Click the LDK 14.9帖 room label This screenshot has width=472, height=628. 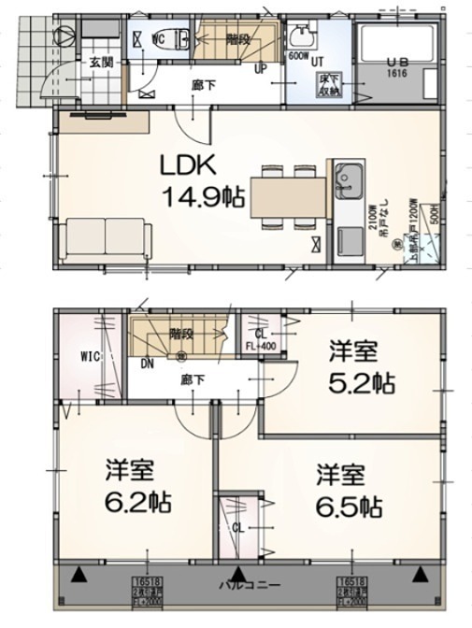[203, 180]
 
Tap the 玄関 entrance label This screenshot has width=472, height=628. [101, 63]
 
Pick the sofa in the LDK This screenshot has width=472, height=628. [107, 239]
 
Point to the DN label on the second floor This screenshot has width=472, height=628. [148, 364]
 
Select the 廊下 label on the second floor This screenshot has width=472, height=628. [193, 380]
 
